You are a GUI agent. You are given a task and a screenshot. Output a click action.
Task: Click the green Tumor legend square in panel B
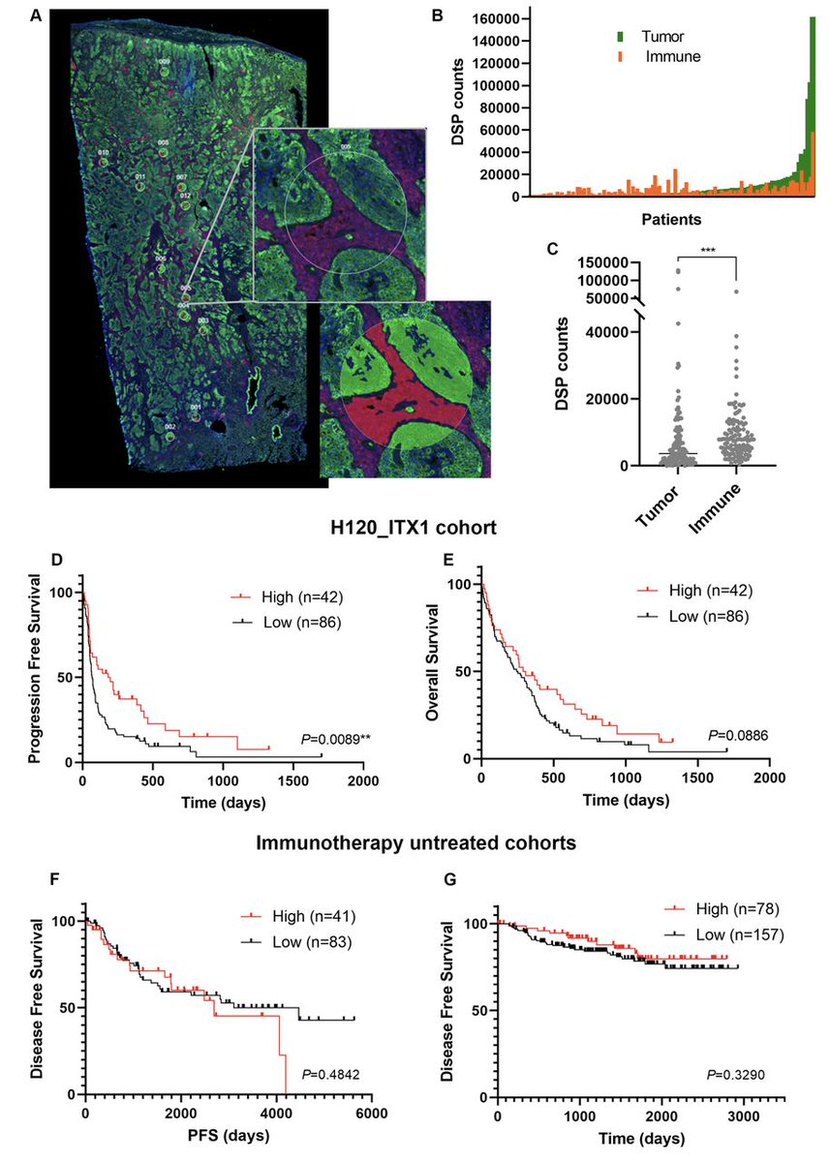[622, 36]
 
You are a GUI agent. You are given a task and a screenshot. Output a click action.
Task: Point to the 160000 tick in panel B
[502, 18]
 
